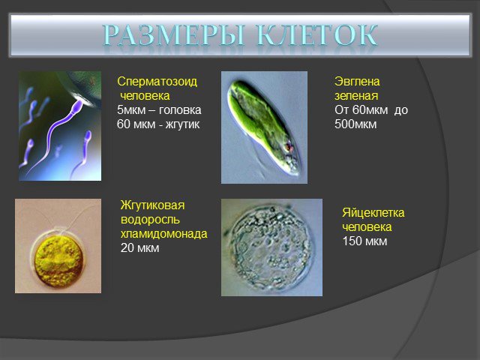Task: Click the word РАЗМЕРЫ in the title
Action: click(174, 35)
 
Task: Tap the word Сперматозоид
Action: click(157, 82)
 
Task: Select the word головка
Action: click(180, 110)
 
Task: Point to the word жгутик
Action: click(182, 124)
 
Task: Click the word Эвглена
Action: click(357, 82)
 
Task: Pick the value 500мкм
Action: click(355, 124)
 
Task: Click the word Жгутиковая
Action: click(152, 205)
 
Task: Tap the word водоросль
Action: click(150, 220)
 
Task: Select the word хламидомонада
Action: click(163, 233)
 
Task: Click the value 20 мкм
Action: click(140, 247)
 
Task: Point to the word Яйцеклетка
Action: click(373, 212)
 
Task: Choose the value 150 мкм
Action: click(364, 241)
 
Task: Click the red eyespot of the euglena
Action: click(288, 148)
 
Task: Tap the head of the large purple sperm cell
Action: click(78, 106)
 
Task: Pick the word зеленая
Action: click(356, 96)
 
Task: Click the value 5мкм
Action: click(131, 110)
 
